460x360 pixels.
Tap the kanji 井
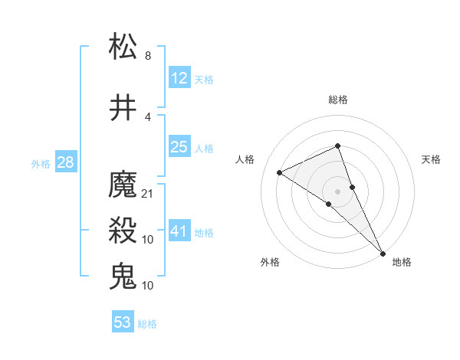(x=123, y=107)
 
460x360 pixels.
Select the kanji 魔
(x=123, y=185)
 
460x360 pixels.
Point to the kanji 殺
(x=123, y=231)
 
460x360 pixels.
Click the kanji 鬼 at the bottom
(x=123, y=276)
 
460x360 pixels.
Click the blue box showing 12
(x=179, y=78)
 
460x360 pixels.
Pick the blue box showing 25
(x=179, y=147)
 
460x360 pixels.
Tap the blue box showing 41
(x=179, y=231)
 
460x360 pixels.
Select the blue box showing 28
(x=64, y=162)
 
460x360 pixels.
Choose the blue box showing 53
(x=123, y=322)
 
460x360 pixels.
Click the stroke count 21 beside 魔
(x=148, y=194)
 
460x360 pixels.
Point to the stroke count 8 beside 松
(x=148, y=56)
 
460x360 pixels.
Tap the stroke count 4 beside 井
(x=148, y=117)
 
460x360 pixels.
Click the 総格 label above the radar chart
(x=337, y=100)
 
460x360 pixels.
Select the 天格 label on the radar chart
(x=432, y=159)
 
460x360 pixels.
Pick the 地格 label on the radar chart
(x=402, y=262)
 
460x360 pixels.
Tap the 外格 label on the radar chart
(x=270, y=262)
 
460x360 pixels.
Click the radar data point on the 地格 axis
(x=383, y=252)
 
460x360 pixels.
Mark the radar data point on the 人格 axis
(x=279, y=172)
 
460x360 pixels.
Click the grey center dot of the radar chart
(x=337, y=191)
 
